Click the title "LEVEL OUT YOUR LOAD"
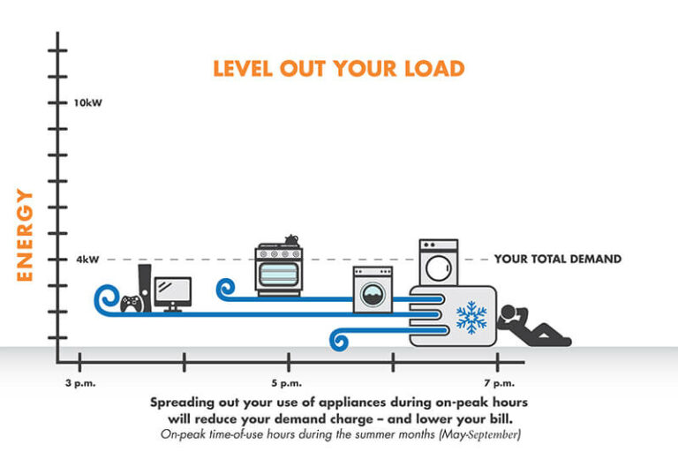(338, 68)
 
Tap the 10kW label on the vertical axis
(88, 103)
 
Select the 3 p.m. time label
(79, 382)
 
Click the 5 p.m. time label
(289, 382)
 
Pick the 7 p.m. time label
(498, 382)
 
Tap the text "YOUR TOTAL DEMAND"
(557, 260)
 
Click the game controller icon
(132, 303)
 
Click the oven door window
(280, 275)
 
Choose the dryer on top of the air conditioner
(439, 263)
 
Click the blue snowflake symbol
(470, 317)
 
